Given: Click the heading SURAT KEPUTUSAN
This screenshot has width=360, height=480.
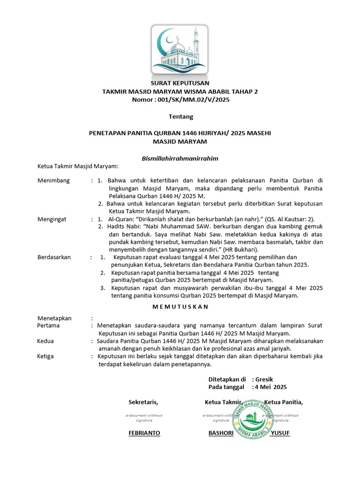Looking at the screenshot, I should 180,83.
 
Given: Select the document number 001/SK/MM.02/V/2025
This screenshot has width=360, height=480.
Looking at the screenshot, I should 193,99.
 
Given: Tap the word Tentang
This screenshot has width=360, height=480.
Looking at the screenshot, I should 180,116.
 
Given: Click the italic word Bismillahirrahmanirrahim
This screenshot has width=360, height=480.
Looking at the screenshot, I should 180,158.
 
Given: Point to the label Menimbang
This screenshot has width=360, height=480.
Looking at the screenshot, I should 53,180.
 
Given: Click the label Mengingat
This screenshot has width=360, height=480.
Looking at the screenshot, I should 52,219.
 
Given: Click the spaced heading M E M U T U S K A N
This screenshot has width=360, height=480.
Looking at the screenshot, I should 180,306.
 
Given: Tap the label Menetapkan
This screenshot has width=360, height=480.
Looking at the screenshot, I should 54,318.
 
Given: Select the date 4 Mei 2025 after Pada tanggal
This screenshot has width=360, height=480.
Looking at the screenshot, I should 271,387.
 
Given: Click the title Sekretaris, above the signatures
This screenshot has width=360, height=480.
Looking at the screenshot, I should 143,402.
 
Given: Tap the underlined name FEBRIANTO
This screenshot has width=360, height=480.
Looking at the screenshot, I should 144,433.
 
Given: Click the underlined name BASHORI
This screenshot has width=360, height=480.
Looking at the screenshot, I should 221,433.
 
